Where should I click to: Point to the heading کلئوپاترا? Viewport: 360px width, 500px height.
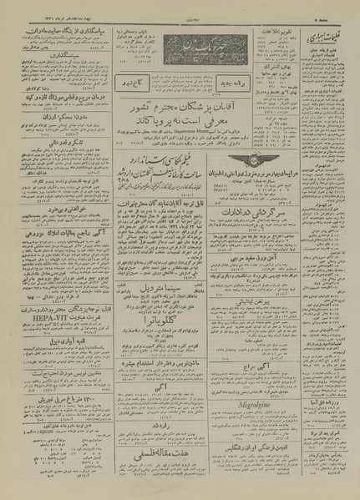(171, 340)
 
